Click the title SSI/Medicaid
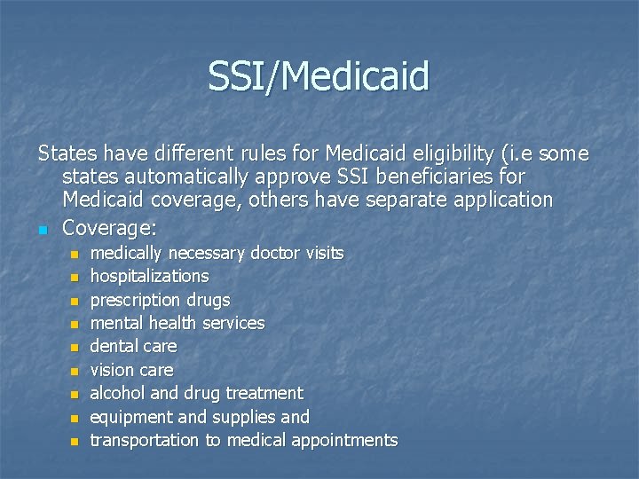(x=319, y=76)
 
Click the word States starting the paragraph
(x=66, y=153)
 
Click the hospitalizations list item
(x=149, y=277)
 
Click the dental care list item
(x=133, y=346)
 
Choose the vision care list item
(x=131, y=370)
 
